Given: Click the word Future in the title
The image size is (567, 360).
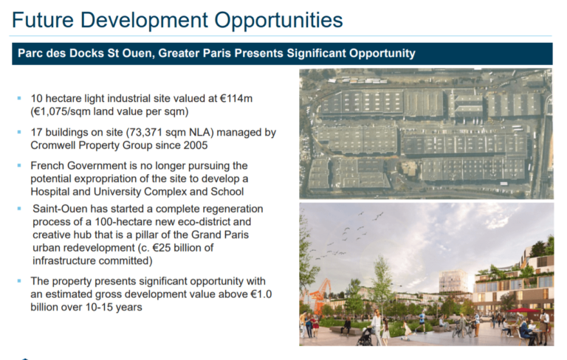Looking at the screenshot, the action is click(x=43, y=20).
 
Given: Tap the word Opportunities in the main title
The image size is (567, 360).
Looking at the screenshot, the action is click(x=278, y=21).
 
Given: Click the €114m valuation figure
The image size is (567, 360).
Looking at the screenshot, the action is click(x=236, y=98).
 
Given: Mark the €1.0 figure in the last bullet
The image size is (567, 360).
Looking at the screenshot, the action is click(x=261, y=294).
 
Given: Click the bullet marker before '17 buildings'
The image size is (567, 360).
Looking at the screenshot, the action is click(x=19, y=132).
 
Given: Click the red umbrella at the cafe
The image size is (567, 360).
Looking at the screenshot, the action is click(x=523, y=310).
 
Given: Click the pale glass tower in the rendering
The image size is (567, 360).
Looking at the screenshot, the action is click(x=453, y=281).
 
